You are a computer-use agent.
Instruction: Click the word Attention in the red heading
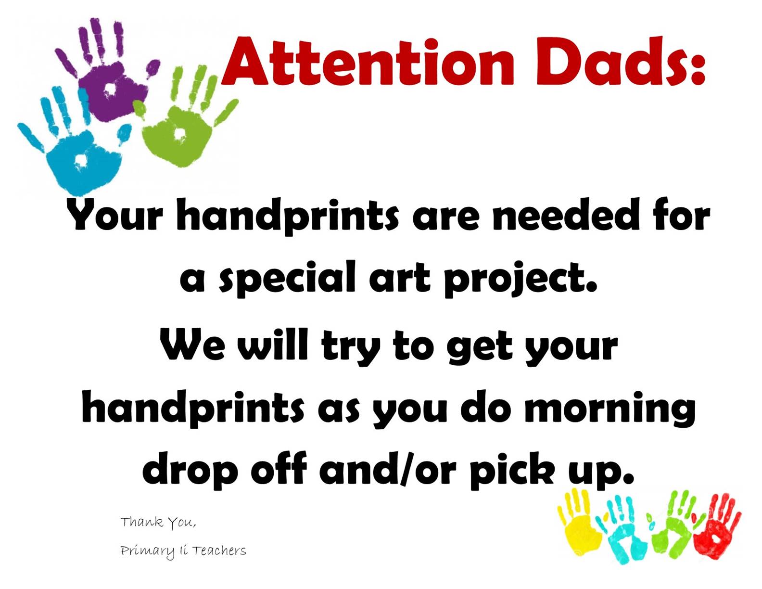pos(368,62)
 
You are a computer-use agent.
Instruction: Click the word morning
pos(610,410)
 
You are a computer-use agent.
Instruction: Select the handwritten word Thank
pos(142,522)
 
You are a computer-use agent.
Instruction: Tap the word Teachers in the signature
pos(219,551)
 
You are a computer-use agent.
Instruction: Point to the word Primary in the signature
pos(147,552)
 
